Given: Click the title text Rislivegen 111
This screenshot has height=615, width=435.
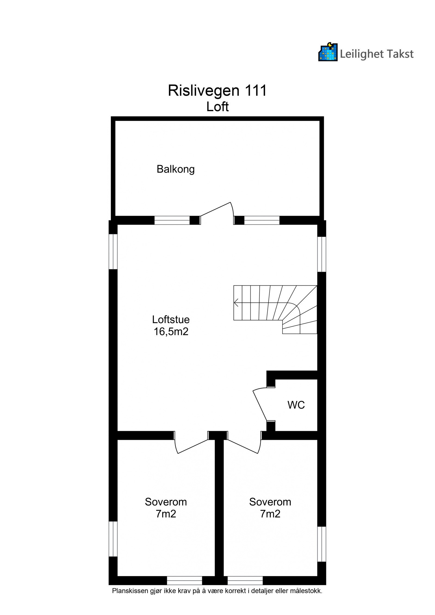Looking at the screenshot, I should [217, 90].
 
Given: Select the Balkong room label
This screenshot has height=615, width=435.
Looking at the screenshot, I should [176, 169].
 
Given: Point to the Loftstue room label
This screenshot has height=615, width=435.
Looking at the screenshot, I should [171, 319].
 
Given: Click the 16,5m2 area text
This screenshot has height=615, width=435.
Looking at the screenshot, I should [171, 332].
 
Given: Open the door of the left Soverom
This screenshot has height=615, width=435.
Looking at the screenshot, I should [191, 446].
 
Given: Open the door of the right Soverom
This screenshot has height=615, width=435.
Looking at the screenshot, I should [243, 446].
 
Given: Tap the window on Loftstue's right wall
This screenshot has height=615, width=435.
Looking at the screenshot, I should [322, 254].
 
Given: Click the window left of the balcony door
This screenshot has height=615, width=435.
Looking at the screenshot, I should [172, 220].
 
